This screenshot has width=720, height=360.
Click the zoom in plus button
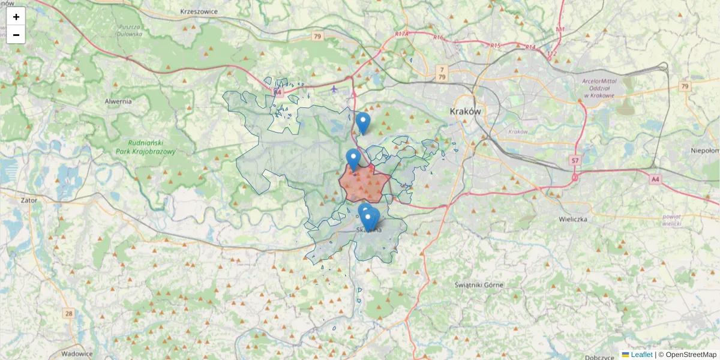click(x=16, y=17)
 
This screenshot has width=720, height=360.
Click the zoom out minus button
click(x=16, y=35)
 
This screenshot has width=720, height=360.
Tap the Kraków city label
click(x=466, y=112)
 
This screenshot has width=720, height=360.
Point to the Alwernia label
click(x=118, y=101)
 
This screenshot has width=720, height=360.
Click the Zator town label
click(x=28, y=200)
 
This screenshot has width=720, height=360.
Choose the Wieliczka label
click(x=571, y=219)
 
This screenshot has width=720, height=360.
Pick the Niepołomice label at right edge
click(x=704, y=151)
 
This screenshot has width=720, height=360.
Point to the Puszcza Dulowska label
click(x=130, y=31)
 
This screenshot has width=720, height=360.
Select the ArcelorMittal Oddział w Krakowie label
click(x=607, y=88)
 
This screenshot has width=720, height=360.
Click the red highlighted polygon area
click(x=365, y=183)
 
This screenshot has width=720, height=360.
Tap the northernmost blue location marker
click(x=362, y=122)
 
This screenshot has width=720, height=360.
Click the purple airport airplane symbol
click(x=334, y=89)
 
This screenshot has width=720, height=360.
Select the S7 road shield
click(x=575, y=160)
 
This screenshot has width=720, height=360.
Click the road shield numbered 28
click(x=69, y=313)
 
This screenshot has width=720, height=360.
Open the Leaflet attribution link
click(x=641, y=355)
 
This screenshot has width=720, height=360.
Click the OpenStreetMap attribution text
click(x=691, y=355)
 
